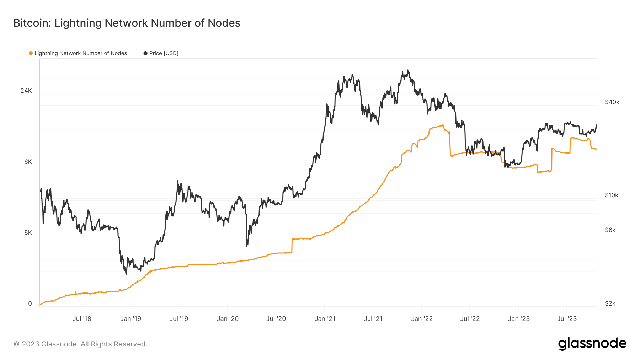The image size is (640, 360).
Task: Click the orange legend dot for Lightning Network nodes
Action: coord(31,53)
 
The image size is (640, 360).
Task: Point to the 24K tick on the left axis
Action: coord(26,91)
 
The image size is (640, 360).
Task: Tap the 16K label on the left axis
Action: coord(27,162)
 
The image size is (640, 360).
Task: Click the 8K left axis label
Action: coord(28,232)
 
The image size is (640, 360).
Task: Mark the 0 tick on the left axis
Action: coord(30,303)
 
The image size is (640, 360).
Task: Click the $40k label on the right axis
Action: coord(612,102)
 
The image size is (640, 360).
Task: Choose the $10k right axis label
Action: coord(612,195)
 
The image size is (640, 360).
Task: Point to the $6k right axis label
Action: coord(610,230)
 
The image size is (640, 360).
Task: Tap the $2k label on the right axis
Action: coord(610,303)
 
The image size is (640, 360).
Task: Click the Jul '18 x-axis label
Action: coord(82,319)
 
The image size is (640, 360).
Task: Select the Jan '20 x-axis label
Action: coord(228,319)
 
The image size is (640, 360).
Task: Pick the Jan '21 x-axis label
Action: coord(325,319)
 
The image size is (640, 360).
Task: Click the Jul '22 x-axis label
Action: coord(470,319)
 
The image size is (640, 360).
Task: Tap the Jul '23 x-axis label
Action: coord(567,319)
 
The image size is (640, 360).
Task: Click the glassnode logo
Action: coord(592,344)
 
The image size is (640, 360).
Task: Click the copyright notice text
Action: coord(80,344)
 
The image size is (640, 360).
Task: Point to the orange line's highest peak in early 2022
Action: coord(443,125)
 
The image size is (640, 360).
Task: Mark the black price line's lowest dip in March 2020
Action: coord(247,246)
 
